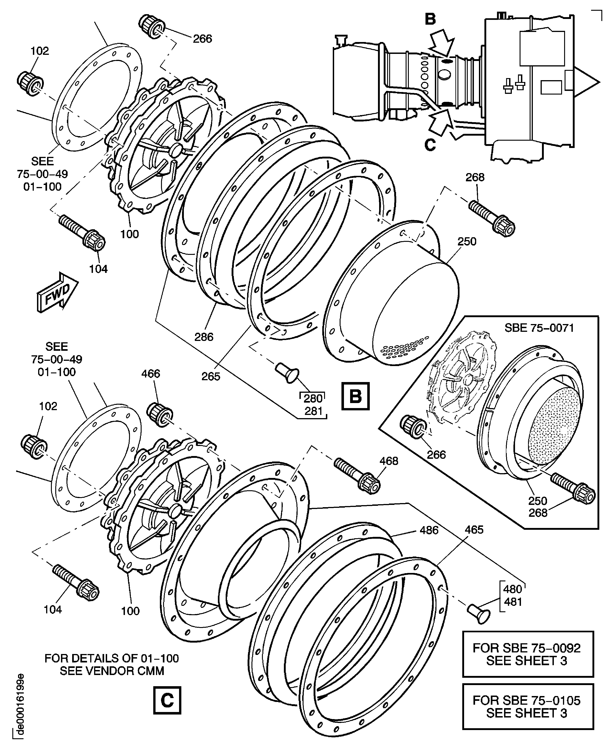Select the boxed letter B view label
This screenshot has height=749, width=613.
(x=355, y=396)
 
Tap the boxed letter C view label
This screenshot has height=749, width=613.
(x=167, y=700)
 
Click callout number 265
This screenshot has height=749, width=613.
(x=211, y=376)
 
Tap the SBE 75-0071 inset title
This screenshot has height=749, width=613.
(x=539, y=328)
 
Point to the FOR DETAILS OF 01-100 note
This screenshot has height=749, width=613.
(x=112, y=664)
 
